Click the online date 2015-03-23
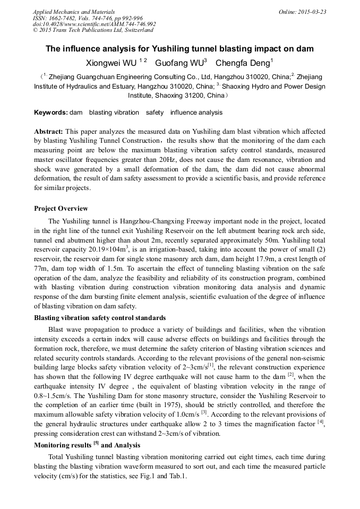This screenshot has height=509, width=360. click(310, 11)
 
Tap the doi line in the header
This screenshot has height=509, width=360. click(94, 24)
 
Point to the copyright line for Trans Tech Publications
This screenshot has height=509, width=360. click(93, 30)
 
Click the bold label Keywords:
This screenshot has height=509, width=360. click(51, 113)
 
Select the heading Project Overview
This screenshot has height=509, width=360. click(61, 208)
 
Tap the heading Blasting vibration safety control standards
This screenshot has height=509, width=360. click(99, 318)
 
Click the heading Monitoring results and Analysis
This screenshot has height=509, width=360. click(87, 445)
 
